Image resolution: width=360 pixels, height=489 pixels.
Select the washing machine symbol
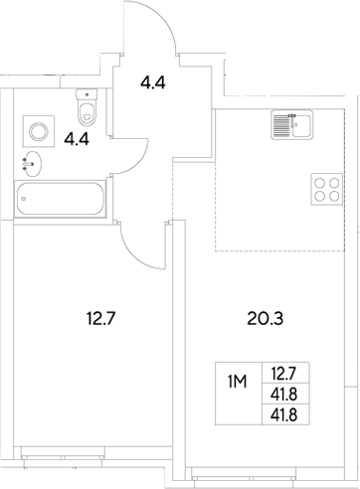pos(37,129)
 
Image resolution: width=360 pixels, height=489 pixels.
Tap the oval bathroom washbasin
pos(29,163)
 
